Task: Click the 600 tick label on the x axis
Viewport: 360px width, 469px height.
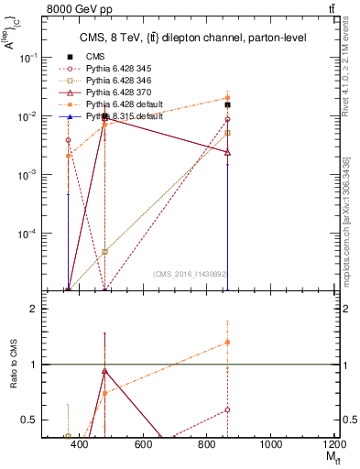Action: point(143,445)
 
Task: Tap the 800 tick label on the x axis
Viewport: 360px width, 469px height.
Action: point(207,445)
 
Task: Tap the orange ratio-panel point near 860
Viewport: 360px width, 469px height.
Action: point(227,343)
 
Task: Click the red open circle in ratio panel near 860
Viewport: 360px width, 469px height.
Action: point(227,409)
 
